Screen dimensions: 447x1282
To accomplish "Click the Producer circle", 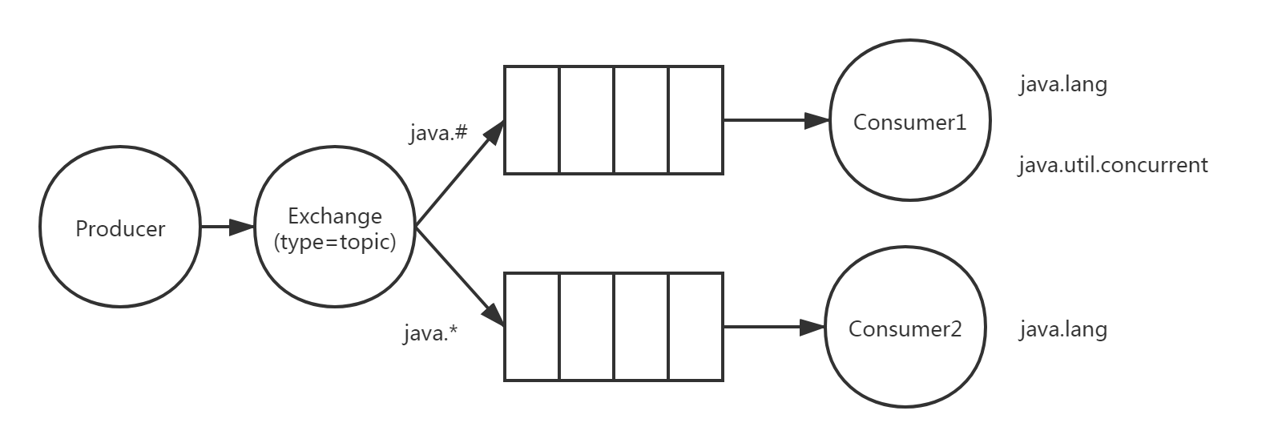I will point(119,228).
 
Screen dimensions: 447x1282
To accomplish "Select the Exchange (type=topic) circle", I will point(335,228).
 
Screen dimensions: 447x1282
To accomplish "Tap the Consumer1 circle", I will point(909,122).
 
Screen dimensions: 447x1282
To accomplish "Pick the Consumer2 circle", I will point(905,328).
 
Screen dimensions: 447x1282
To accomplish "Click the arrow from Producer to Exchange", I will point(226,228).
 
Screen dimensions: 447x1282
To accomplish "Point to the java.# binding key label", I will point(437,133).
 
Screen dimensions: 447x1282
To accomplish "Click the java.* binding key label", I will point(430,332).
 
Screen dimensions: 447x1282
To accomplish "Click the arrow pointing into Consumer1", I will point(776,121).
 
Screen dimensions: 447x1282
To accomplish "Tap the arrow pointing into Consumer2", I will point(774,327).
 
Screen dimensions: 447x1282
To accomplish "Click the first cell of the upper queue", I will point(532,120).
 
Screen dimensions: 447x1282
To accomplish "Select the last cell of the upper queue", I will point(695,120).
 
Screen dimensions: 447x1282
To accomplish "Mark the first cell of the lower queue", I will point(532,326).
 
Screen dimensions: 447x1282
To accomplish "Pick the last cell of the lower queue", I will point(695,326).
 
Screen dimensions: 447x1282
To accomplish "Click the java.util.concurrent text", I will point(1113,166).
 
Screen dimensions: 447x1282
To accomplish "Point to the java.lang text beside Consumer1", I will point(1063,85).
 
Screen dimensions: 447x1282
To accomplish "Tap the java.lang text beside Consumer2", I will point(1063,329).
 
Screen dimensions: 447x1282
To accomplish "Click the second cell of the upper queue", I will point(587,120).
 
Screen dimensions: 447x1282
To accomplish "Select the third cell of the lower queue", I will point(641,326).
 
